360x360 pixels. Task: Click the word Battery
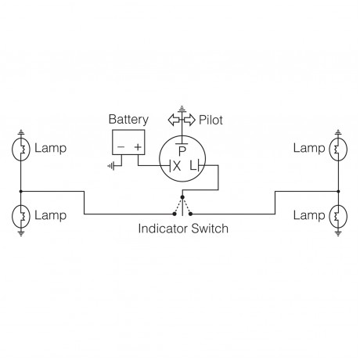coord(129,120)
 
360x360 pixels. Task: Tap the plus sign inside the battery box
coord(138,146)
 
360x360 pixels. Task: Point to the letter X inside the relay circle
coord(175,165)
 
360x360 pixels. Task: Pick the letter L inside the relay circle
coord(193,165)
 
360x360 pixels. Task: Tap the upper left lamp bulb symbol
coord(23,149)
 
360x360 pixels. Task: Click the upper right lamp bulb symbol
coord(337,149)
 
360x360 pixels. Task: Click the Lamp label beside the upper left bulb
coord(52,149)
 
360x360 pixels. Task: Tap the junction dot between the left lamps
coord(23,191)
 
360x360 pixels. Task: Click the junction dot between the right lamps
coord(337,191)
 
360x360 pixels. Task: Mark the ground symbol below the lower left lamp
coord(23,232)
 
